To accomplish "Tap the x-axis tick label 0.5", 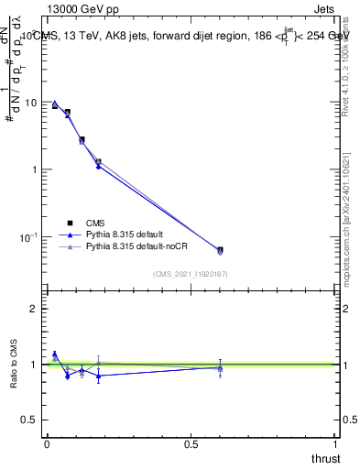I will tap(191, 444).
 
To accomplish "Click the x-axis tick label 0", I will tap(47, 444).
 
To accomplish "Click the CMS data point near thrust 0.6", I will tap(220, 249).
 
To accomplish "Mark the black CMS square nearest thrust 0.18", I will tap(99, 162).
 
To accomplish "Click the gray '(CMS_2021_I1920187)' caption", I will tap(190, 274).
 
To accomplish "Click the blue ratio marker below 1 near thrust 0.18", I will tap(99, 376).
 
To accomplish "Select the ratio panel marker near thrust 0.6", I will tap(220, 367).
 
